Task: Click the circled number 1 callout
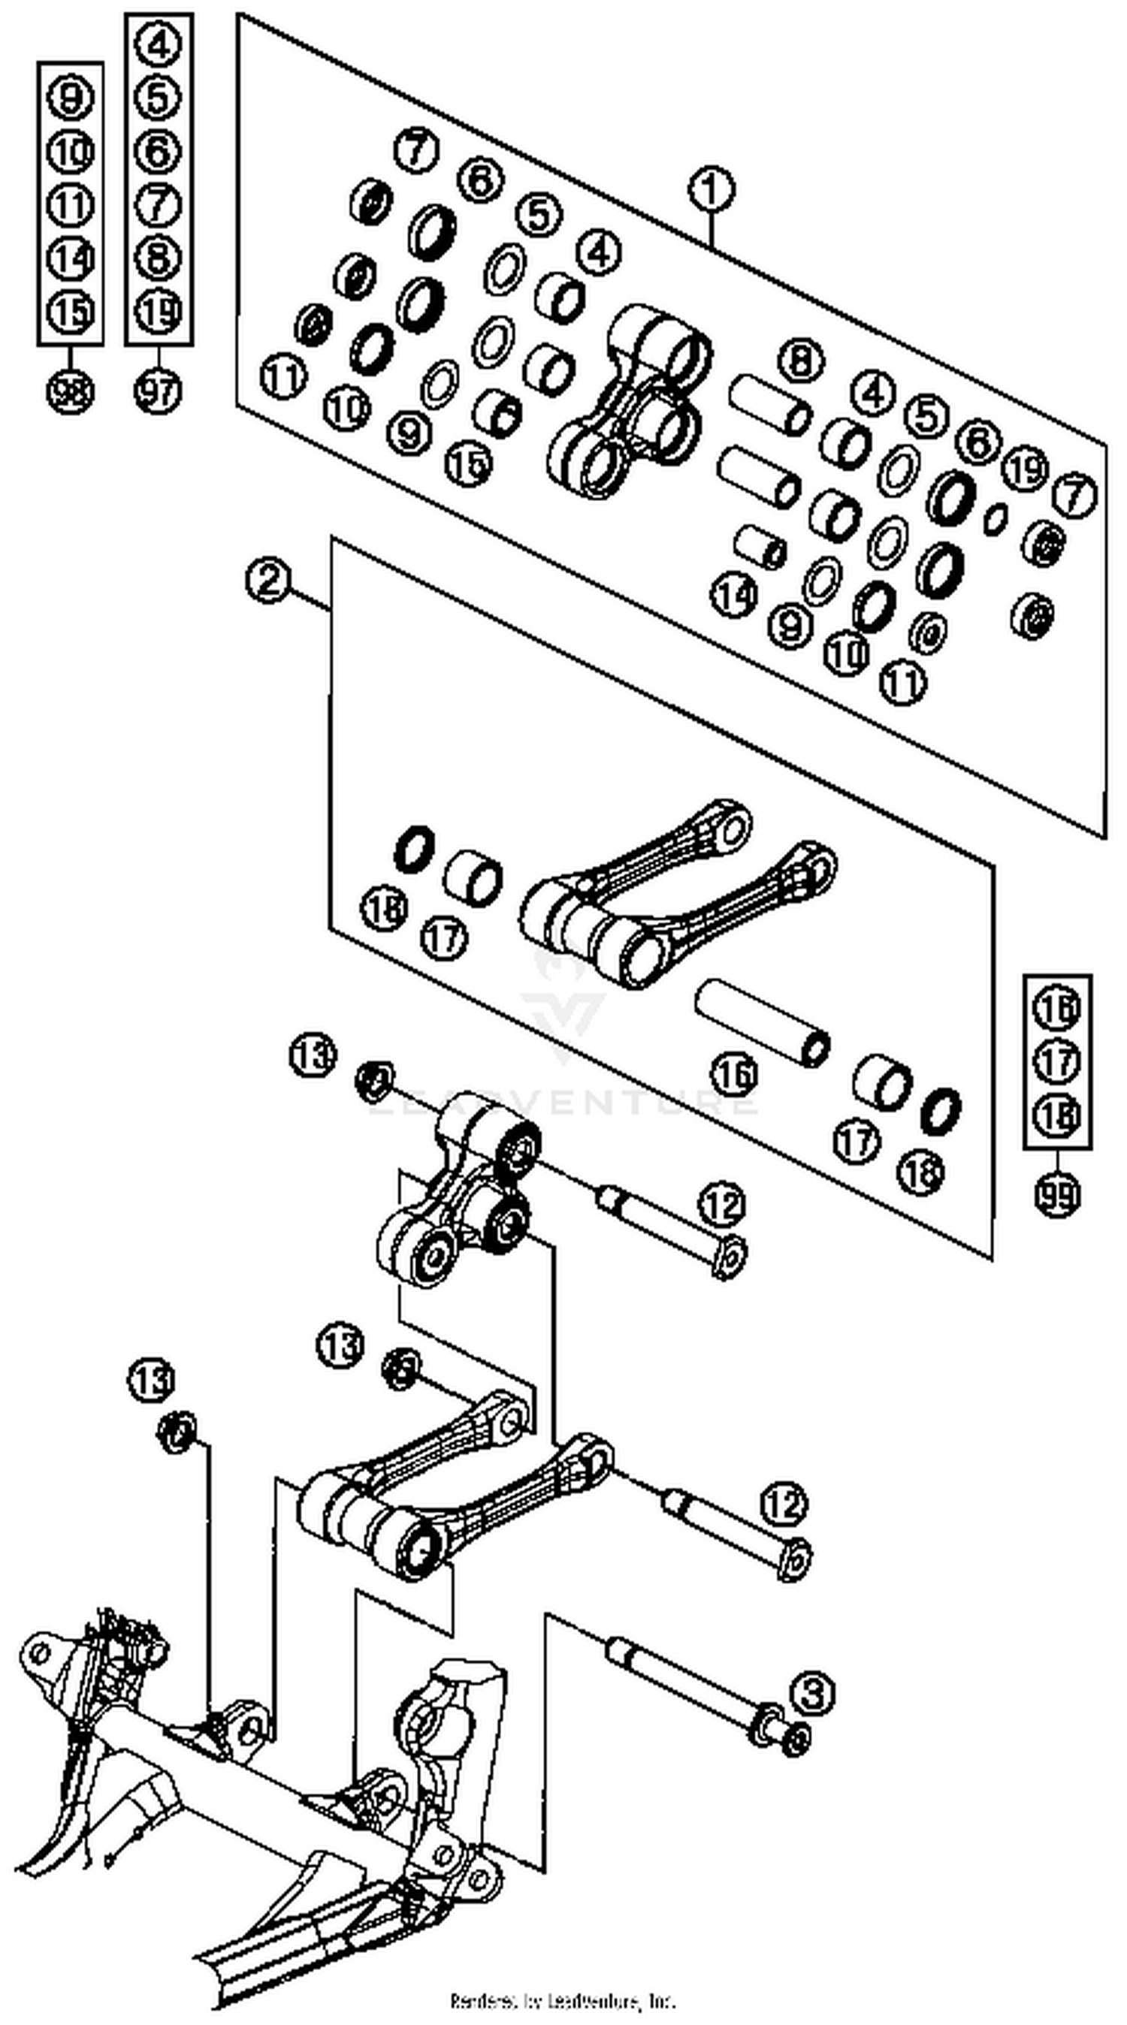coord(711,190)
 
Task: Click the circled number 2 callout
coord(268,581)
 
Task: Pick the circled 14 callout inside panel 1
coord(735,595)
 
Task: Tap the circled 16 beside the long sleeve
coord(735,1074)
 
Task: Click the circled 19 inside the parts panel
coord(1025,469)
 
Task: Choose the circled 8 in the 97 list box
coord(158,258)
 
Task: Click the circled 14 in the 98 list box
coord(70,258)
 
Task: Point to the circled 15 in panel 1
coord(467,463)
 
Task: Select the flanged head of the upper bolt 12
coord(728,1255)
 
